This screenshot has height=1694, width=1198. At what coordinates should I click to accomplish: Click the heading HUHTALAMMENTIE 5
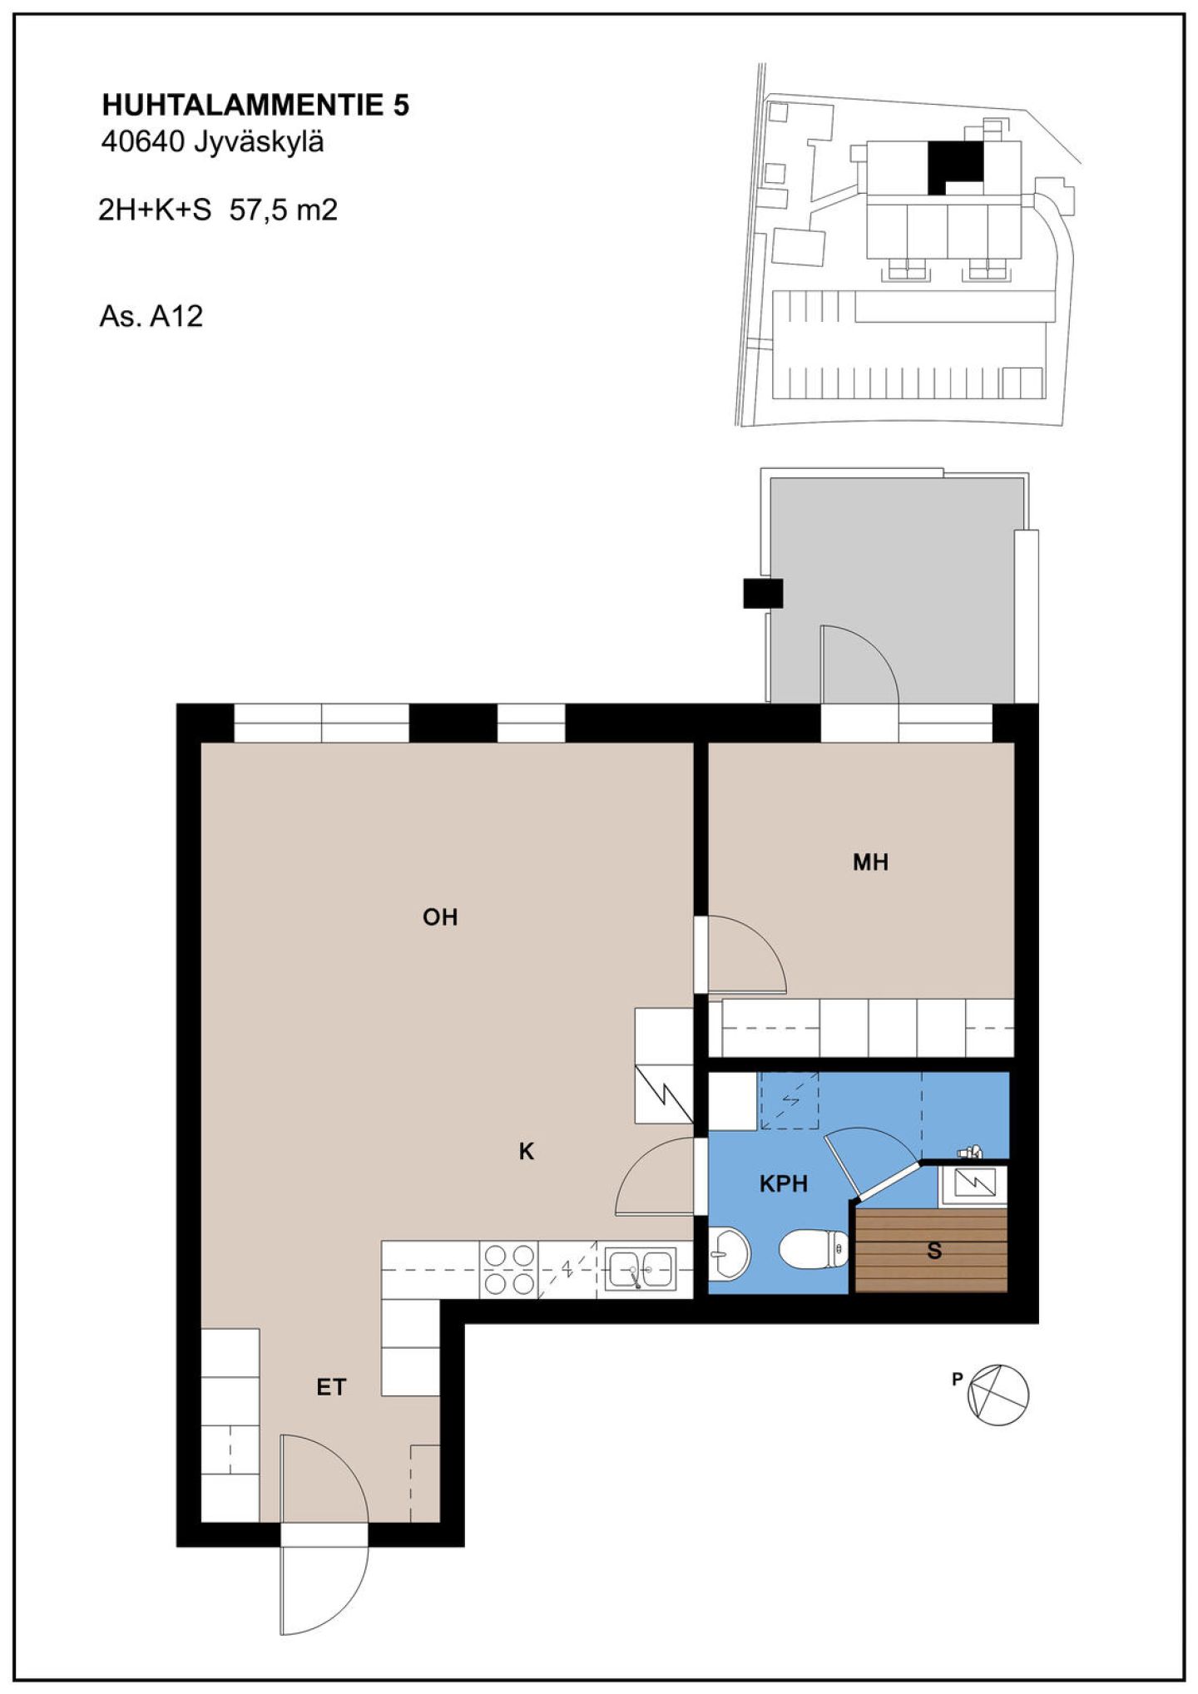(255, 106)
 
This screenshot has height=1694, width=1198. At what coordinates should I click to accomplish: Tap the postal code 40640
(142, 142)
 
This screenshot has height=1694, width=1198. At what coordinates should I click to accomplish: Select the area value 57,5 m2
(284, 210)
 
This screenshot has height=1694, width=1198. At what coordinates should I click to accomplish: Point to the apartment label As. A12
(151, 316)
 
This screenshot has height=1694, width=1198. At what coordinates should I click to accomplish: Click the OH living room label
(440, 917)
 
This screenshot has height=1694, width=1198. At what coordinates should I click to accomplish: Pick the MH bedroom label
(870, 862)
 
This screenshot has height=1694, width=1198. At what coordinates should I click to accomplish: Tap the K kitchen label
(526, 1152)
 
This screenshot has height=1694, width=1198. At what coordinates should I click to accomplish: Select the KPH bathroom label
(784, 1183)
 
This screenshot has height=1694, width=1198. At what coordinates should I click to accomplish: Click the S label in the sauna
(934, 1251)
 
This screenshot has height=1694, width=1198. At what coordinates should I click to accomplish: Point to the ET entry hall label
(331, 1387)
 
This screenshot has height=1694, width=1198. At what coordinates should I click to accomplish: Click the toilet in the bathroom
(814, 1250)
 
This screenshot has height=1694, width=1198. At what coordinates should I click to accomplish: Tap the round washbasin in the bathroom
(730, 1253)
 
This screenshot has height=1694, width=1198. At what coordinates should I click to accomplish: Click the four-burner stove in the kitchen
(509, 1269)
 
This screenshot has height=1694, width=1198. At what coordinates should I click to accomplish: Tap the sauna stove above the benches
(974, 1183)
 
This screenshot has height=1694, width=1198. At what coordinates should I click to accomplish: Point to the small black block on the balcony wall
(763, 593)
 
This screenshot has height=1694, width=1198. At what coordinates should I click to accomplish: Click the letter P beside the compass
(957, 1379)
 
